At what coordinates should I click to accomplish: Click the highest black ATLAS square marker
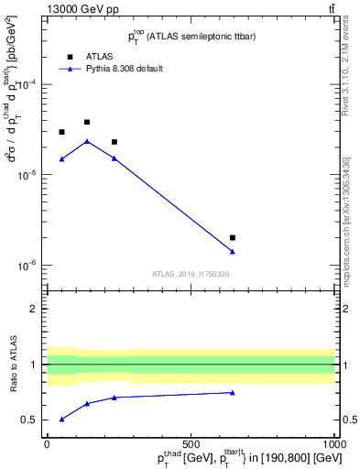[87, 122]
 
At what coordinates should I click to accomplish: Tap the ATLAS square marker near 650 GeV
[233, 237]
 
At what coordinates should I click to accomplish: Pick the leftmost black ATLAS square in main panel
[61, 132]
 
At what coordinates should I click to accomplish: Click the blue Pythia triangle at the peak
[87, 141]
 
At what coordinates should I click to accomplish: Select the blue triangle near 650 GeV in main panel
[233, 252]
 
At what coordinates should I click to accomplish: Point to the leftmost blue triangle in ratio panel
[61, 419]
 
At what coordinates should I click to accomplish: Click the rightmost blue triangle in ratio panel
[233, 392]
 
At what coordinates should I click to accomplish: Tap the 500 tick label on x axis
[191, 443]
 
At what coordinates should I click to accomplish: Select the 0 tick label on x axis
[47, 443]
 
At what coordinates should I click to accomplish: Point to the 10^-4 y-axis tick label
[30, 84]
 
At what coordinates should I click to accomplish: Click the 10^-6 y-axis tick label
[30, 266]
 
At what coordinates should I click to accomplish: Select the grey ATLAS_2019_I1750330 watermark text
[191, 274]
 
